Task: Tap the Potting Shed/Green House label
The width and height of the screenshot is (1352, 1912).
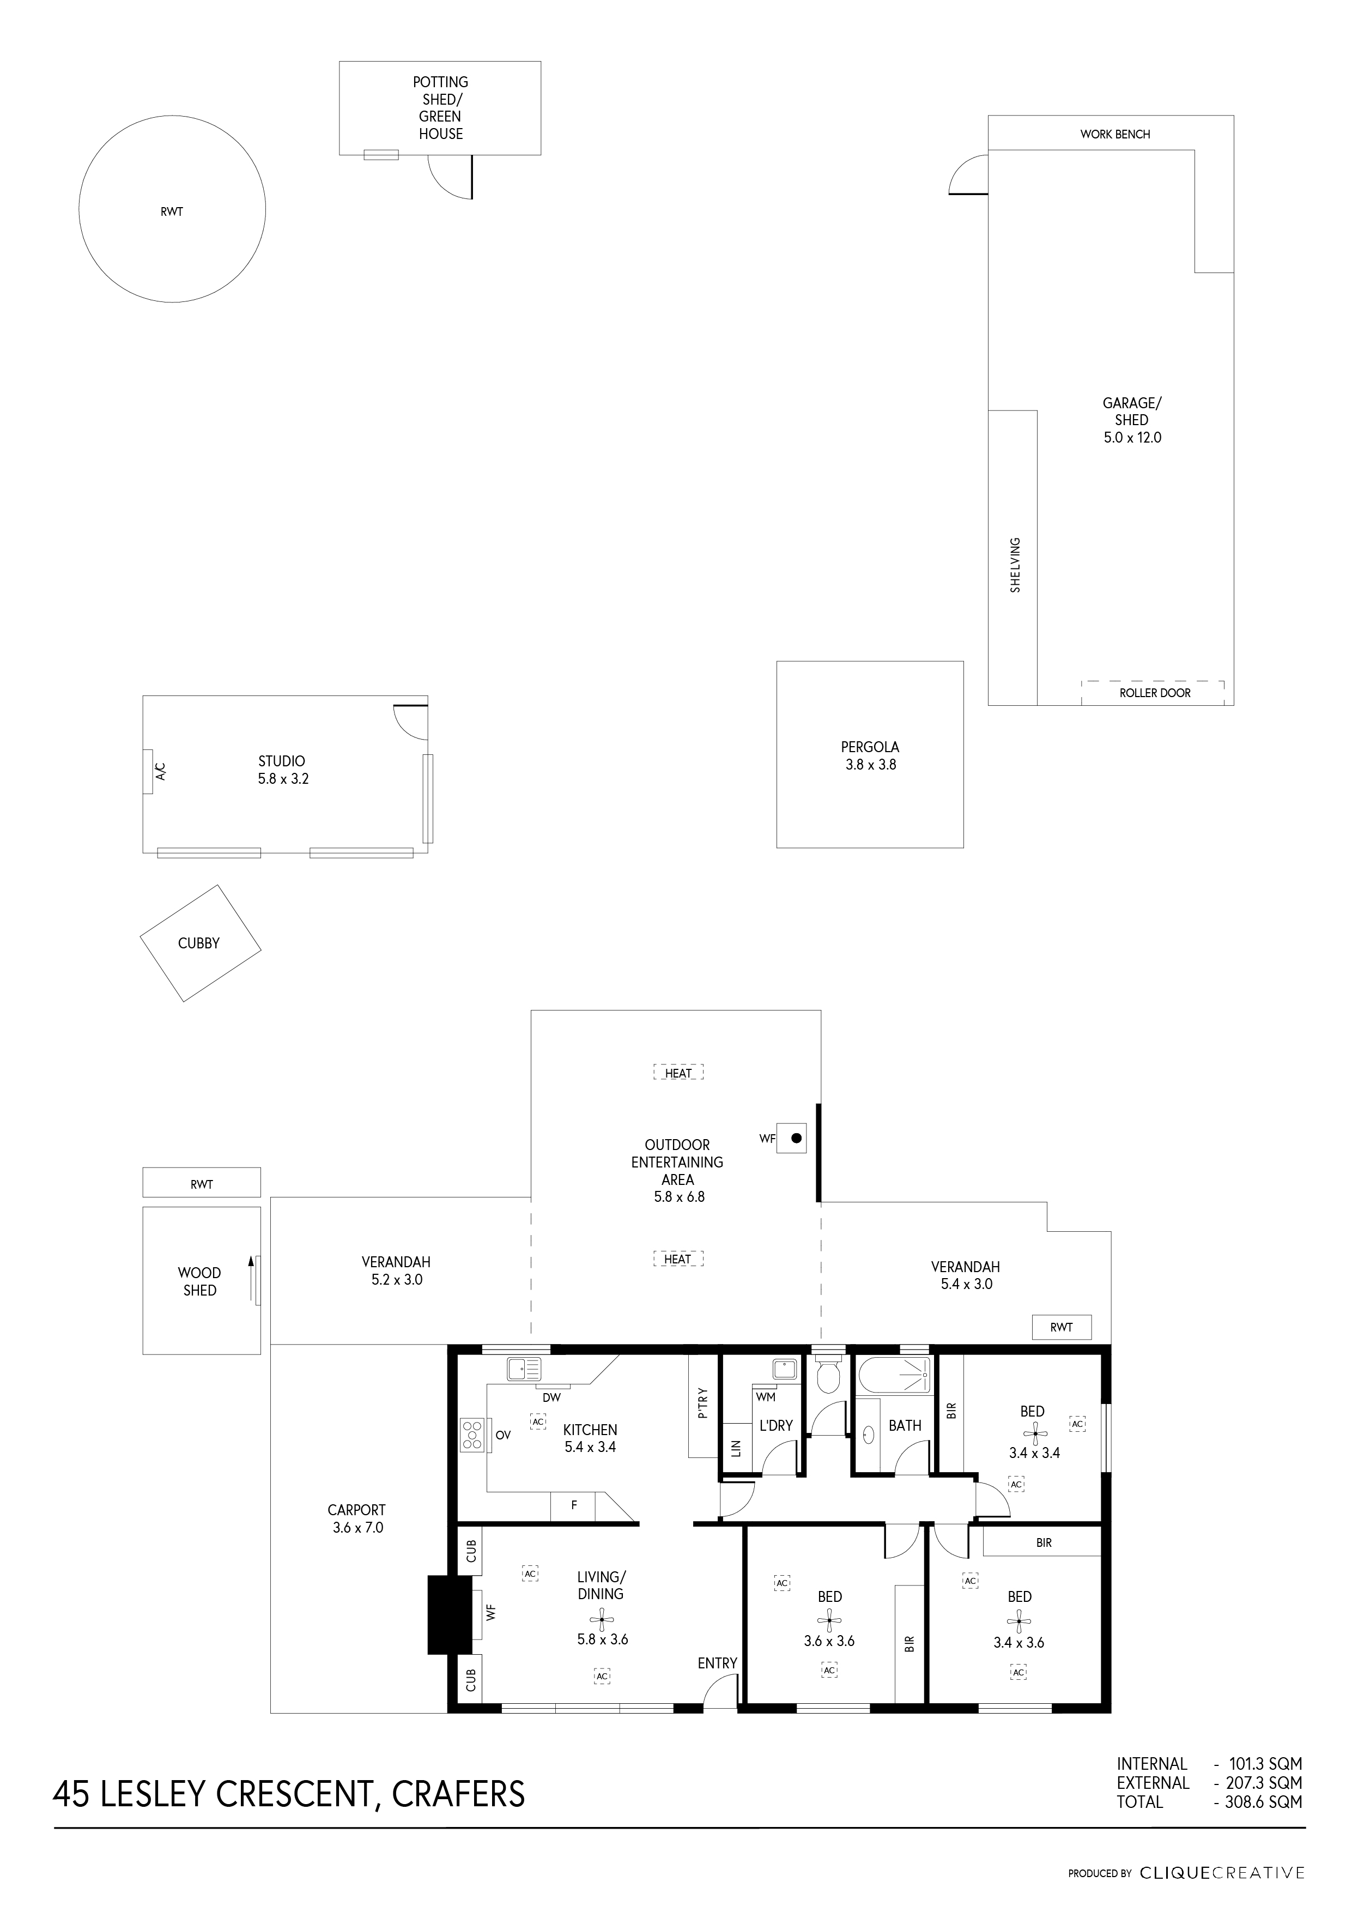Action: (x=440, y=107)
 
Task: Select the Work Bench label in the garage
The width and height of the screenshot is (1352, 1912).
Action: (x=1115, y=134)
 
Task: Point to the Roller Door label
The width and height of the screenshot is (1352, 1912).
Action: (x=1155, y=693)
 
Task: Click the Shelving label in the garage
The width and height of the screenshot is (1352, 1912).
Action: (x=1015, y=565)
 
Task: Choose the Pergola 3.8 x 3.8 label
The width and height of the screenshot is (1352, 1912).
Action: (x=870, y=756)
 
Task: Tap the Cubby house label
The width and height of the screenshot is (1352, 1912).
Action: (x=199, y=943)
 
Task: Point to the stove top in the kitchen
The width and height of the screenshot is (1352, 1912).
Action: (x=472, y=1436)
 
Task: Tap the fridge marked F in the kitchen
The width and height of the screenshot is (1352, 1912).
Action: (x=574, y=1505)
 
